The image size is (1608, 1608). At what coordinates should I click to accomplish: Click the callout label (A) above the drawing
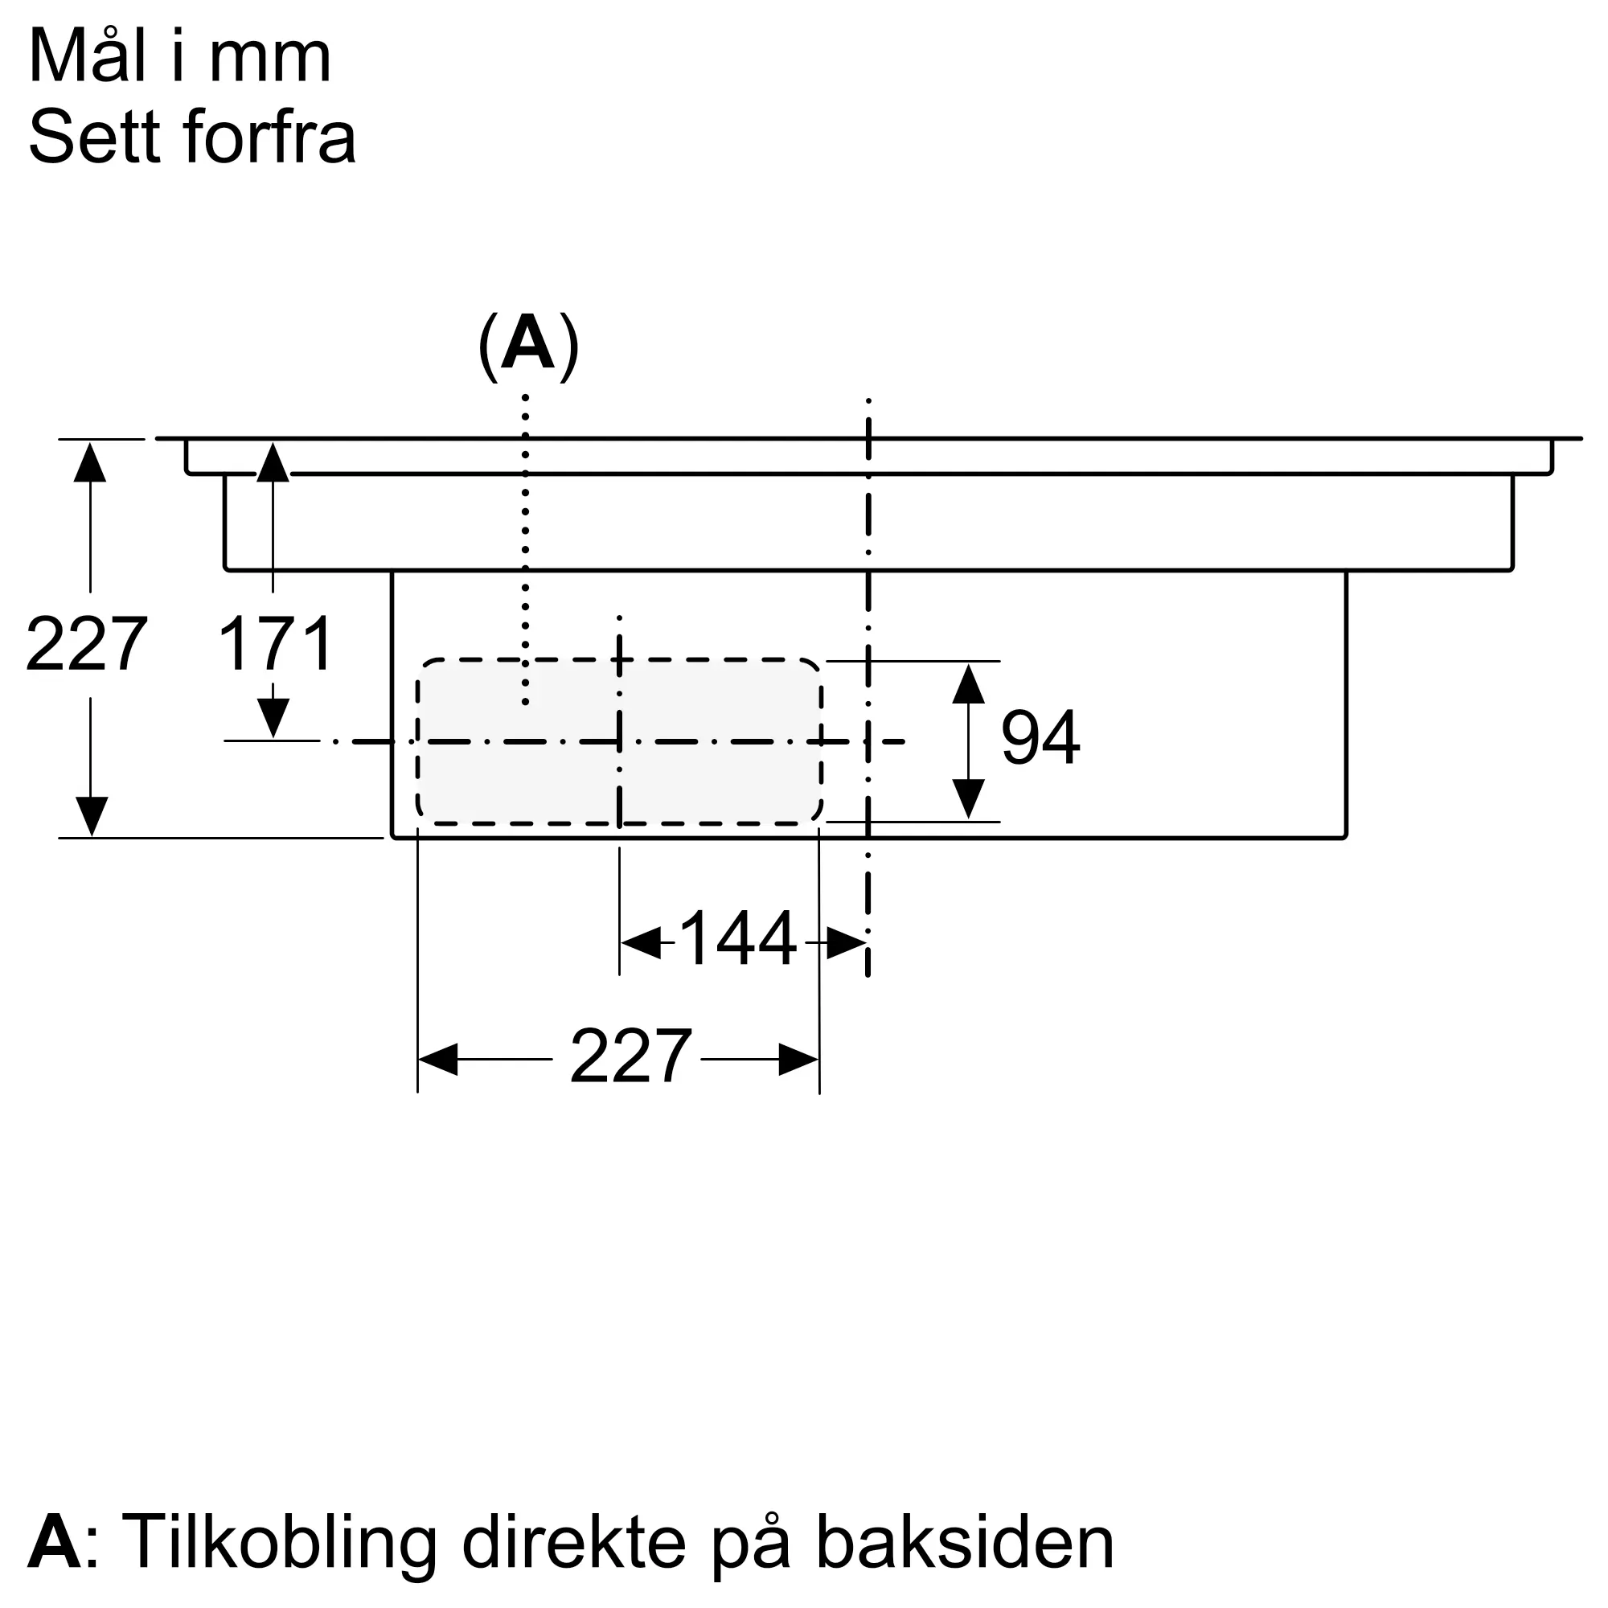tap(528, 347)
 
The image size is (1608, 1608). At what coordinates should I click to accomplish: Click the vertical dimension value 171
tap(276, 643)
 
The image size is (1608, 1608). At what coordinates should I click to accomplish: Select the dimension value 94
tap(1040, 737)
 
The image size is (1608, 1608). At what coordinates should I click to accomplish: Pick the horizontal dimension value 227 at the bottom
tap(630, 1057)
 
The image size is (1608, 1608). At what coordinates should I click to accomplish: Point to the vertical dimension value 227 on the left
tap(87, 643)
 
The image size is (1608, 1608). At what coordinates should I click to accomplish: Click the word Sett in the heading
tap(94, 137)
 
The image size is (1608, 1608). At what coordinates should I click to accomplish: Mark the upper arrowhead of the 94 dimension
tap(968, 683)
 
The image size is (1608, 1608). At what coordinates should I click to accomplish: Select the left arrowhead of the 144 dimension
tap(641, 942)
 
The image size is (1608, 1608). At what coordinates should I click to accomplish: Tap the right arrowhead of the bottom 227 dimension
tap(798, 1059)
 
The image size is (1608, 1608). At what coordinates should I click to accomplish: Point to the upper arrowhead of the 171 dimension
tap(273, 463)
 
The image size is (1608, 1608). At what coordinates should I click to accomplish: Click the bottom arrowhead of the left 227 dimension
tap(91, 815)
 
